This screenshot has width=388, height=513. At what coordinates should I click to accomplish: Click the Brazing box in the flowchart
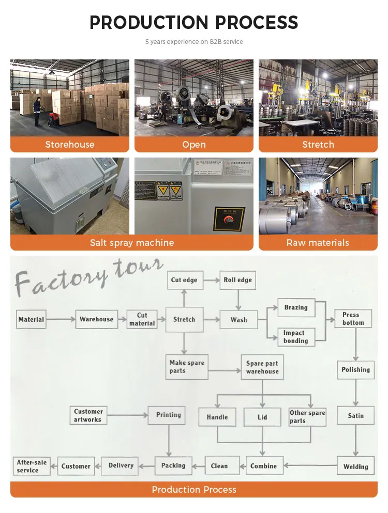[296, 308]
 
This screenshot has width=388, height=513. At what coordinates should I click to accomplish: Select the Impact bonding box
[296, 337]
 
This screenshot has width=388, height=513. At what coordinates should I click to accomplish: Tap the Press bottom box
[353, 319]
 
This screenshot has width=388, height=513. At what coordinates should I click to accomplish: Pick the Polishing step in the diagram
[355, 370]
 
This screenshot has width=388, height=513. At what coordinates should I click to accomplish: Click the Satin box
[355, 416]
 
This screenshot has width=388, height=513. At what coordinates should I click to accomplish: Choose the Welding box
[355, 467]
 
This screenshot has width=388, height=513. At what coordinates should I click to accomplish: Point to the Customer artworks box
[88, 415]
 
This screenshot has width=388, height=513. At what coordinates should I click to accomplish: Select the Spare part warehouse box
[262, 367]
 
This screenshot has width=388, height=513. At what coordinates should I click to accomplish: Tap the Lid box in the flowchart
[262, 417]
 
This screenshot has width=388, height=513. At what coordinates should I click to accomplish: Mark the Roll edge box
[237, 280]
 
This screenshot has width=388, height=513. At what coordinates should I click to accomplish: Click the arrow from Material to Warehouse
[60, 319]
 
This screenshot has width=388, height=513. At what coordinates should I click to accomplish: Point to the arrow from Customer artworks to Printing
[127, 415]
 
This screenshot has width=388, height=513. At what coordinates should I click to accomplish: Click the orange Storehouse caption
[70, 145]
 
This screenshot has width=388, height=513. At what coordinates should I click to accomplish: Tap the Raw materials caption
[318, 243]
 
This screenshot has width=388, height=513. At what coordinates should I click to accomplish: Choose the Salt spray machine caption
[132, 243]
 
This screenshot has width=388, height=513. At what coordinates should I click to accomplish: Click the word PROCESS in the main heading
[257, 23]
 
